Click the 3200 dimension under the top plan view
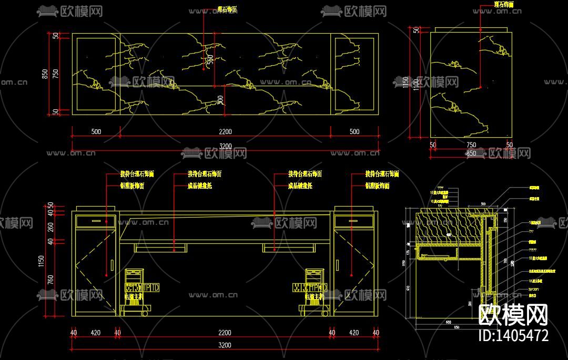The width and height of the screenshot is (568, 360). pyautogui.click(x=225, y=146)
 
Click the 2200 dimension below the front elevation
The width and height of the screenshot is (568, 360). pyautogui.click(x=225, y=333)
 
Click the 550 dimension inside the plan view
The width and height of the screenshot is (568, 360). pyautogui.click(x=210, y=60)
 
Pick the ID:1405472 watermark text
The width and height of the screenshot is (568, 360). pyautogui.click(x=513, y=335)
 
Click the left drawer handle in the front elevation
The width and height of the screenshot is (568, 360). pyautogui.click(x=96, y=221)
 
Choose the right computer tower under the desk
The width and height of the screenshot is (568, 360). pyautogui.click(x=315, y=292)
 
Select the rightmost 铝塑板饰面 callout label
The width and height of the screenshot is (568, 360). pyautogui.click(x=377, y=186)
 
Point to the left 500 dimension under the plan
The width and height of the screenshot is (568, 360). pyautogui.click(x=96, y=132)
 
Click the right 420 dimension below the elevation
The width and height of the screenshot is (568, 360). pyautogui.click(x=353, y=333)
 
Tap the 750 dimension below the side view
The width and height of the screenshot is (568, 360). pyautogui.click(x=471, y=145)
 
